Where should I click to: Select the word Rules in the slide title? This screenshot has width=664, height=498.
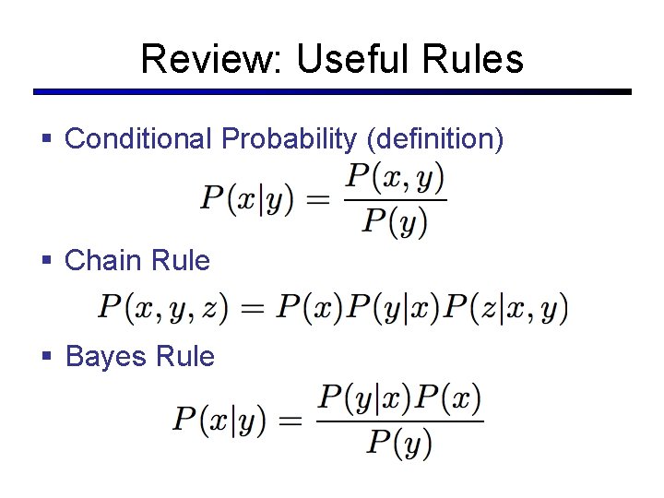coord(474,59)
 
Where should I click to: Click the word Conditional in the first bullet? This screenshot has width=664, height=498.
coord(138,139)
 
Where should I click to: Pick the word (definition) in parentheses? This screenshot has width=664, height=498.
coord(434,139)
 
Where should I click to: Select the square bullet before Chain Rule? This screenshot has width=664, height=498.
coord(47,261)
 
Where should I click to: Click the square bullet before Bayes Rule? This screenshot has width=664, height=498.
coord(47,357)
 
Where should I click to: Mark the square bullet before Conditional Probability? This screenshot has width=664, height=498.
coord(47,139)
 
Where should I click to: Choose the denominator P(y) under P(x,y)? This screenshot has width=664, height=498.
coord(395,220)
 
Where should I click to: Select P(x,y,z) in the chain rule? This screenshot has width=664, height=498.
coord(162,308)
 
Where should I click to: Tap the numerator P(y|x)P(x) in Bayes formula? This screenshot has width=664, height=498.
coord(399,400)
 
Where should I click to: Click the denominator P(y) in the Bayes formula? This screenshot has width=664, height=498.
coord(399,443)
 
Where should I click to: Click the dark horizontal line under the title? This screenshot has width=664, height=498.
coord(332,92)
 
